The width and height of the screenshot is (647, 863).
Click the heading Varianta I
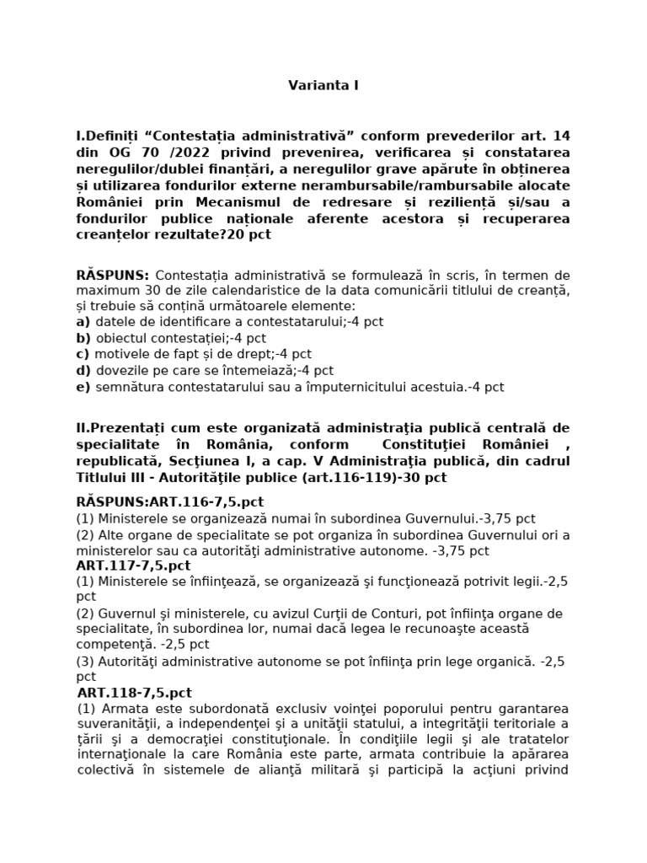[323, 85]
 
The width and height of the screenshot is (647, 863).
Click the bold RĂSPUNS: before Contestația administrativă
[112, 275]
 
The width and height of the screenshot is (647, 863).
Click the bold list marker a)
[83, 322]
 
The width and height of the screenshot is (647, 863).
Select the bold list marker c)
[83, 354]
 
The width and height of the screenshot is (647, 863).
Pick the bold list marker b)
[83, 338]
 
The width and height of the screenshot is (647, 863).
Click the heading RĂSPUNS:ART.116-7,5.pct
[169, 501]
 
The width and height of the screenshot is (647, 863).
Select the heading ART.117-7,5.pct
[133, 565]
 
